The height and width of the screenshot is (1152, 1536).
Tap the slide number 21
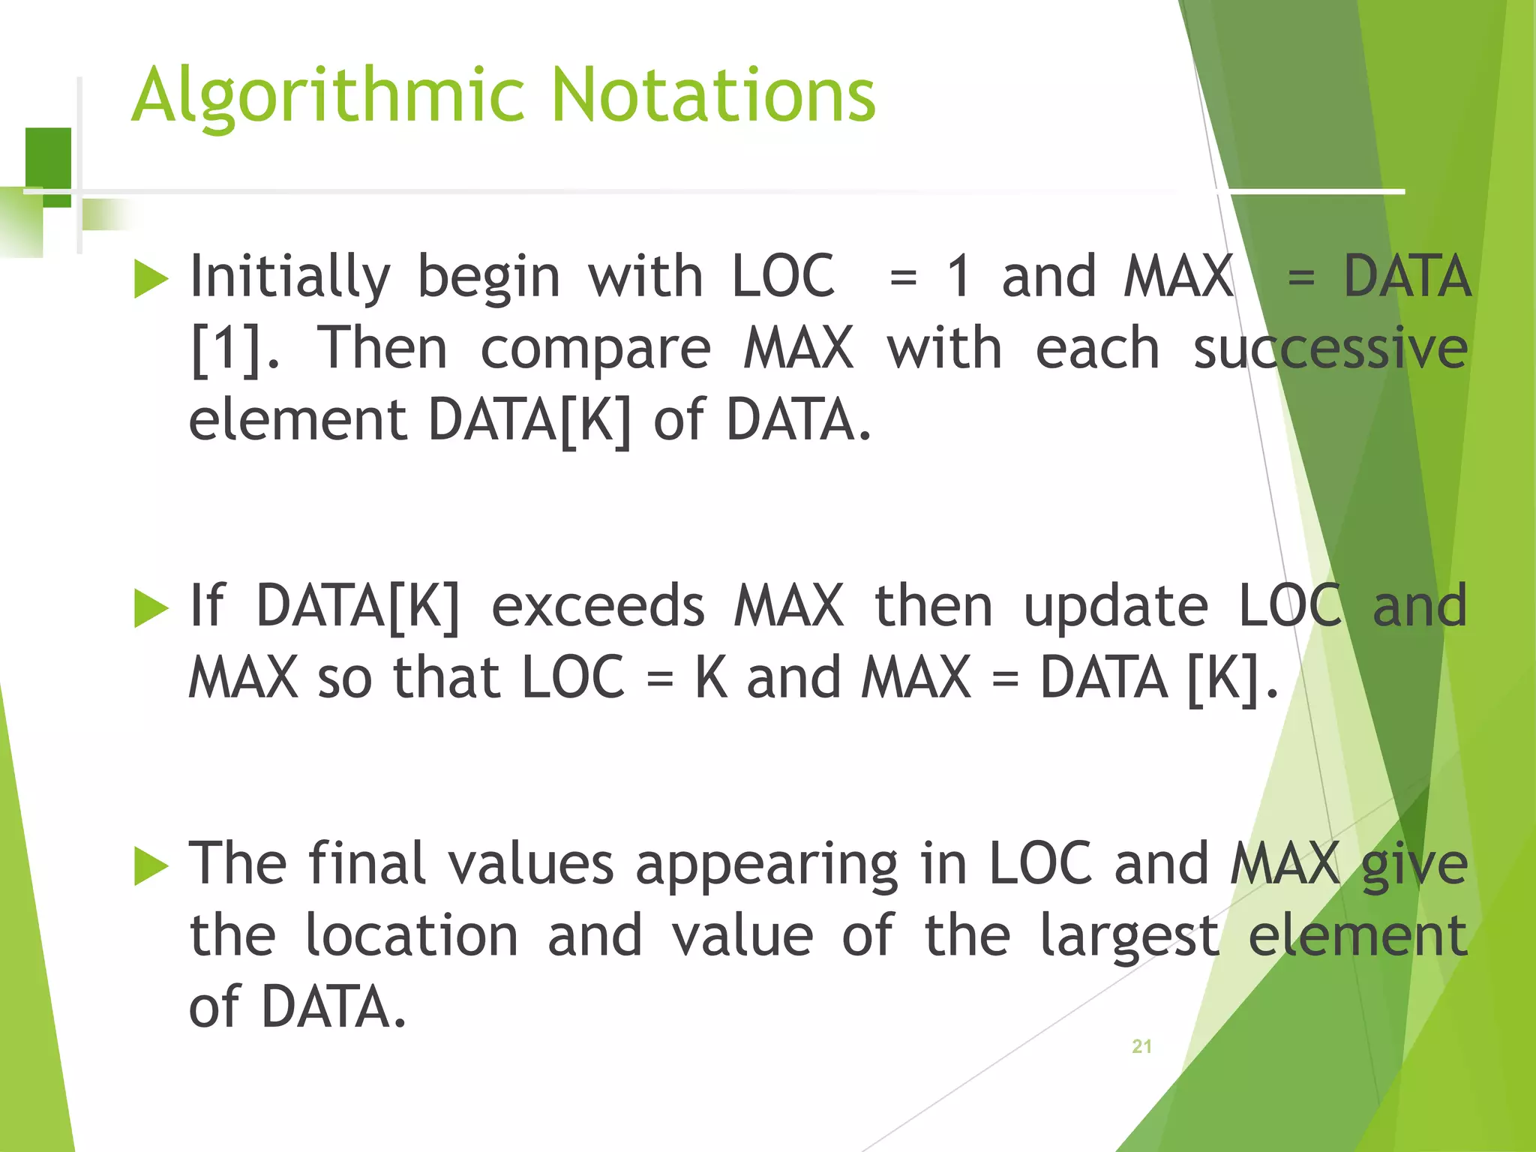(x=1141, y=1046)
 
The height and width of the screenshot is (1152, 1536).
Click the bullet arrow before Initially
(x=151, y=279)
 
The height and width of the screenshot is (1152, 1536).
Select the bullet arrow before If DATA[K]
(x=151, y=607)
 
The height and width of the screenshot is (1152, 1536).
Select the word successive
(x=1330, y=349)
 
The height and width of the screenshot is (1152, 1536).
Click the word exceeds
(x=598, y=606)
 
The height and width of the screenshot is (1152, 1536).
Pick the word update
(x=1115, y=606)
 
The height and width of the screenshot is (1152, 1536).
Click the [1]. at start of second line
(x=235, y=349)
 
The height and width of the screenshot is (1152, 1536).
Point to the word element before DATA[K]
(x=297, y=420)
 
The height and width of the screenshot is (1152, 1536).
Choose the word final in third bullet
(x=367, y=864)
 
